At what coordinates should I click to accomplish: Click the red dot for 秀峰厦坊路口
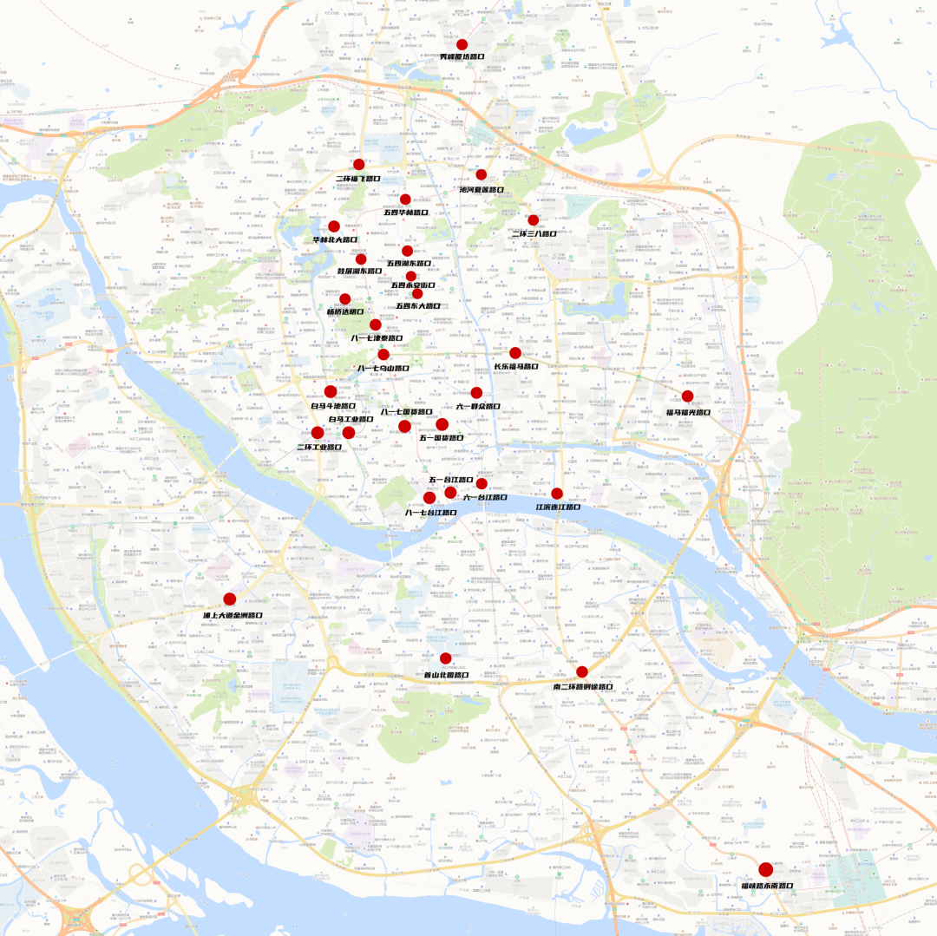point(462,44)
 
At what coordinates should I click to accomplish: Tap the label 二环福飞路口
point(357,178)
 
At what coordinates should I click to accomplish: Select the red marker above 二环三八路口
point(533,220)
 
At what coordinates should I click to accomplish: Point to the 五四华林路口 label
point(406,212)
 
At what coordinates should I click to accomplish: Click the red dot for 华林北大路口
point(334,226)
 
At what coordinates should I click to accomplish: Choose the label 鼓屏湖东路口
point(359,271)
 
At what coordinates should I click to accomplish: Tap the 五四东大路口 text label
point(418,306)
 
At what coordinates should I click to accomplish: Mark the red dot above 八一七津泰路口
point(376,324)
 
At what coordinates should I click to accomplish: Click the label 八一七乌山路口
point(383,368)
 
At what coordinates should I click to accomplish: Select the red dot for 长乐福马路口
point(515,353)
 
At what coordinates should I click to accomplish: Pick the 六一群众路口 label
point(478,406)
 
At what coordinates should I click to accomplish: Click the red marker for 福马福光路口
point(687,396)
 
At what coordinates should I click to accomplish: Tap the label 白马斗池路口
point(333,405)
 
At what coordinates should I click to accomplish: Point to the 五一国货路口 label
point(442,438)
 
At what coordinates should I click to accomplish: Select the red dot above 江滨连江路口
point(557,494)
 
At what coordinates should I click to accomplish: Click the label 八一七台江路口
point(430,513)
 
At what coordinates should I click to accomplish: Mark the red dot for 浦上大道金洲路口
point(230,599)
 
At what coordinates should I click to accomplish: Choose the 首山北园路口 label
point(446,674)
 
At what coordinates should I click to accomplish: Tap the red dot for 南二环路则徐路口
point(582,671)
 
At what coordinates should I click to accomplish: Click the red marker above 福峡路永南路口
point(765,870)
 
